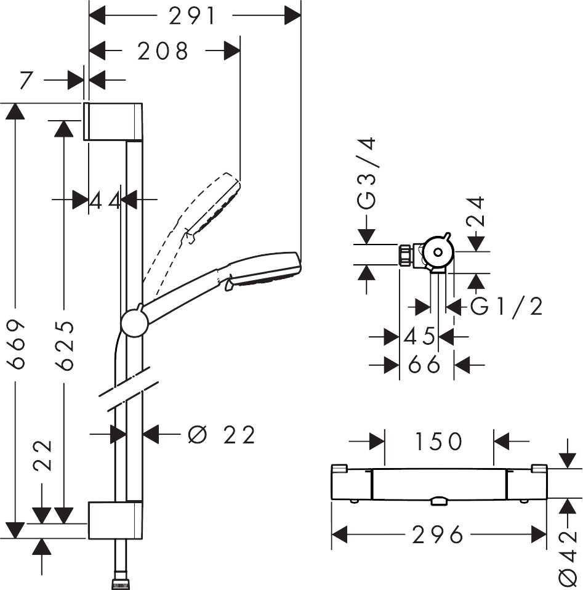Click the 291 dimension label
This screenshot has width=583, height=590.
[193, 16]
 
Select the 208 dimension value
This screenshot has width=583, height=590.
[163, 51]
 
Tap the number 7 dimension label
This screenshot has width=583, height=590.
[26, 79]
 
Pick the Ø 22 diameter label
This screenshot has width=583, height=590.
[222, 435]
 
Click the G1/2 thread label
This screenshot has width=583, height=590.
[507, 306]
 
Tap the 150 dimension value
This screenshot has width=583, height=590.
[439, 441]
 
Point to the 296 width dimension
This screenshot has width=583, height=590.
[438, 535]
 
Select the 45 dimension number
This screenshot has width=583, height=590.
[420, 336]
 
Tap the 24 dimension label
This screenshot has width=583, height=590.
[476, 212]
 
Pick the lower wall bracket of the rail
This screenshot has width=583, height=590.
[115, 520]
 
